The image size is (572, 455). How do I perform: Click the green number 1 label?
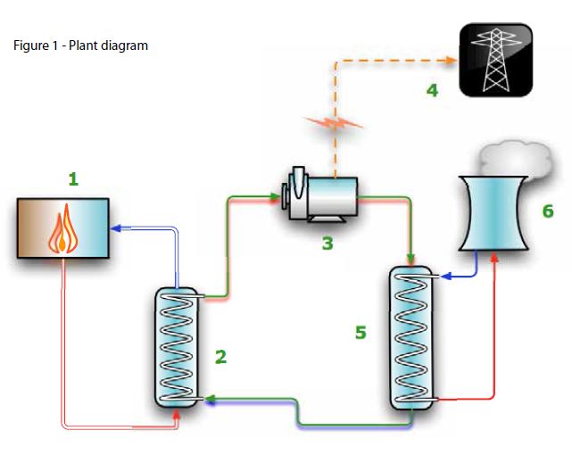tap(73, 178)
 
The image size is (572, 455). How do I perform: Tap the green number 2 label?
tap(220, 357)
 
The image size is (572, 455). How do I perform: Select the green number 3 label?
tap(327, 242)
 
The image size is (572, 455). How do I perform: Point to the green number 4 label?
tap(432, 90)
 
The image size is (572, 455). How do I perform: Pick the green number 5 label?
tap(361, 332)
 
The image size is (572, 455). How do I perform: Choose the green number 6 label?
tap(548, 211)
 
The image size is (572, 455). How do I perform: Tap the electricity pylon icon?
tap(496, 60)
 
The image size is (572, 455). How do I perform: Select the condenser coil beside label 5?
tap(411, 337)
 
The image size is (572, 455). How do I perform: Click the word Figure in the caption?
tap(33, 45)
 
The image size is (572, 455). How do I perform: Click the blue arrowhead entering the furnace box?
tap(115, 228)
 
